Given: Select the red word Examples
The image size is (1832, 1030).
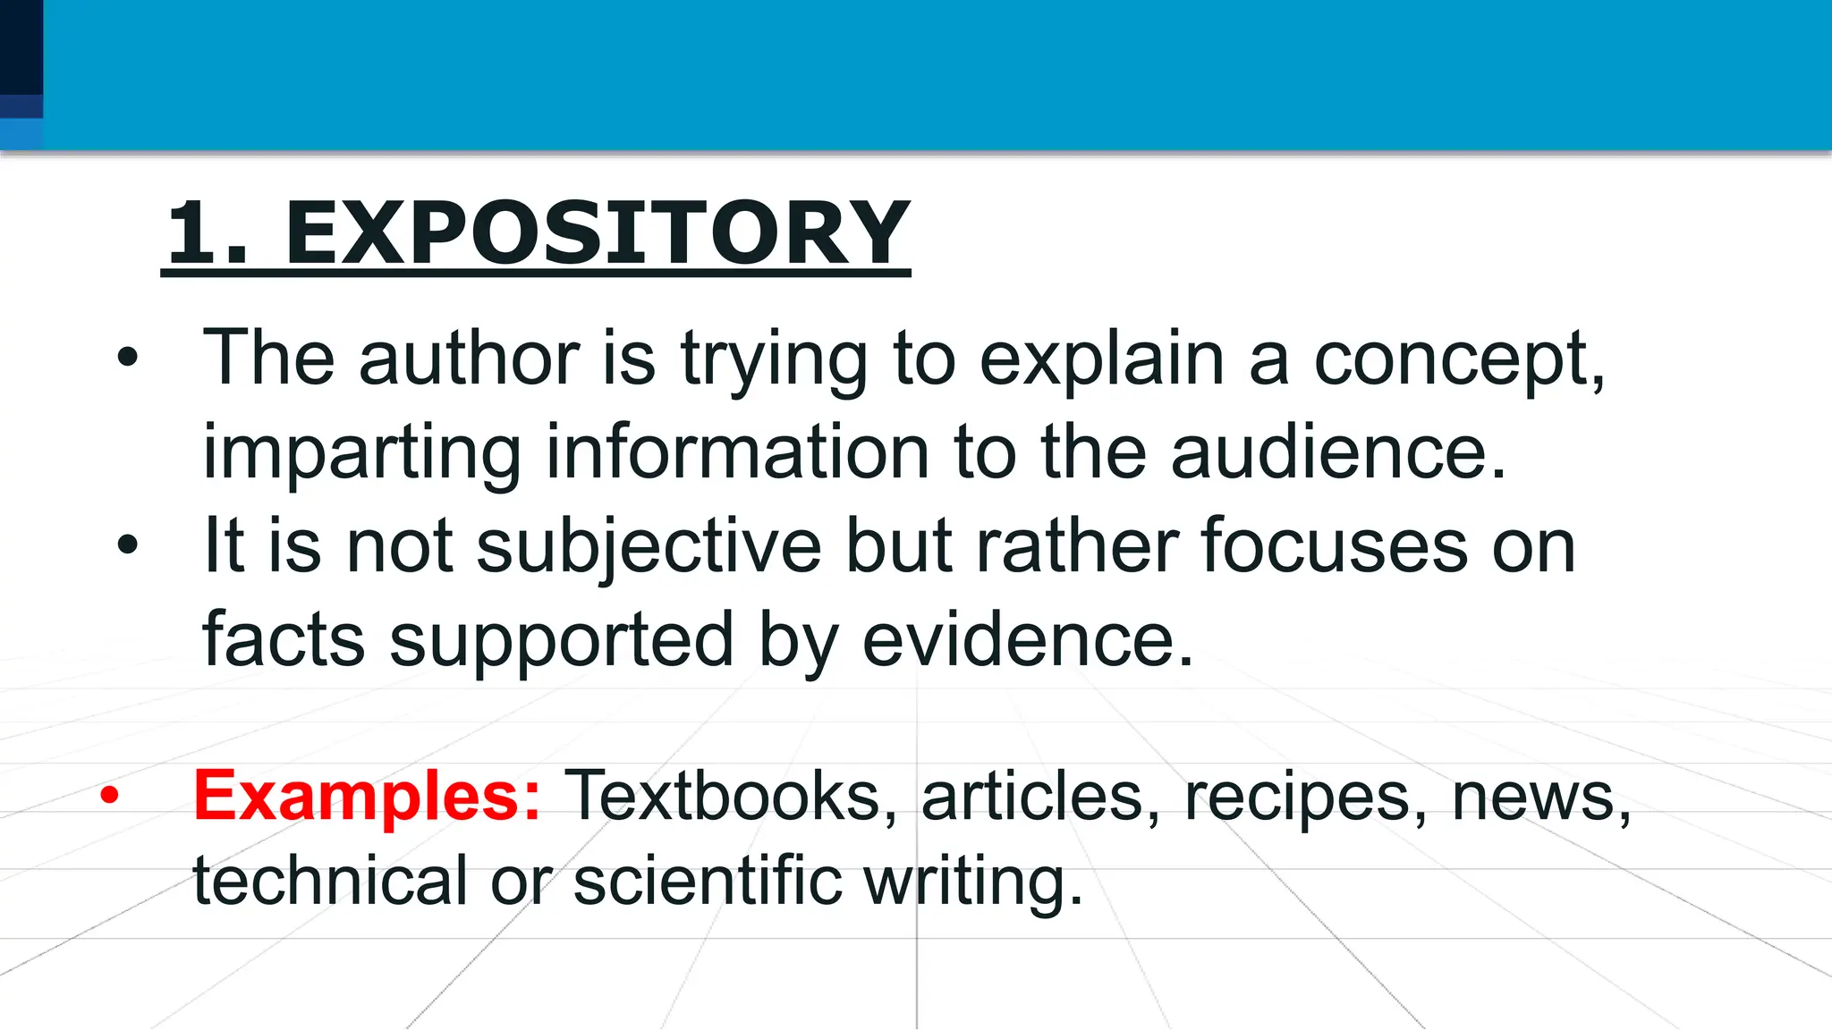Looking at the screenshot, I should [367, 795].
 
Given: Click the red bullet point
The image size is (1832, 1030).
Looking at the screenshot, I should [109, 795].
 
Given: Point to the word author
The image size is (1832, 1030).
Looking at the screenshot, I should [469, 358].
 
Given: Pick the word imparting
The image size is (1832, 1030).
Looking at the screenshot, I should [361, 453].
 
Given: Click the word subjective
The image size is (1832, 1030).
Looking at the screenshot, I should [649, 547].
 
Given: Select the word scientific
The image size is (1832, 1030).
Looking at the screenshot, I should [707, 880].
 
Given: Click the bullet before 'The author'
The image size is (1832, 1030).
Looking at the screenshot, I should [128, 358].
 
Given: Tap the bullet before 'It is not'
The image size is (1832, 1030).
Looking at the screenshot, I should [128, 545].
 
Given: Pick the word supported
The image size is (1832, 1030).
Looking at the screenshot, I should [561, 641].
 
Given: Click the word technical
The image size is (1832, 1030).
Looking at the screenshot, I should [329, 880].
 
